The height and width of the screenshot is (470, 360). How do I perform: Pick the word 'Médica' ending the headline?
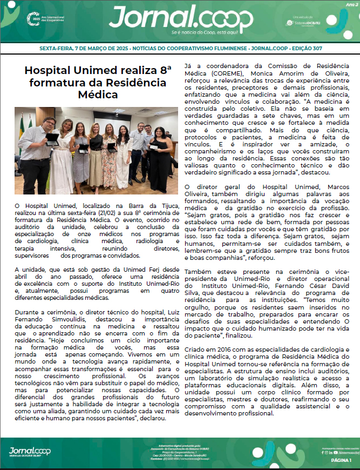[x=96, y=95]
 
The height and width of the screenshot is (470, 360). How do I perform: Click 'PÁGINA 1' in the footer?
[x=342, y=460]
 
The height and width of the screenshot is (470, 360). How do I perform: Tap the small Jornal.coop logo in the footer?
[x=31, y=451]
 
